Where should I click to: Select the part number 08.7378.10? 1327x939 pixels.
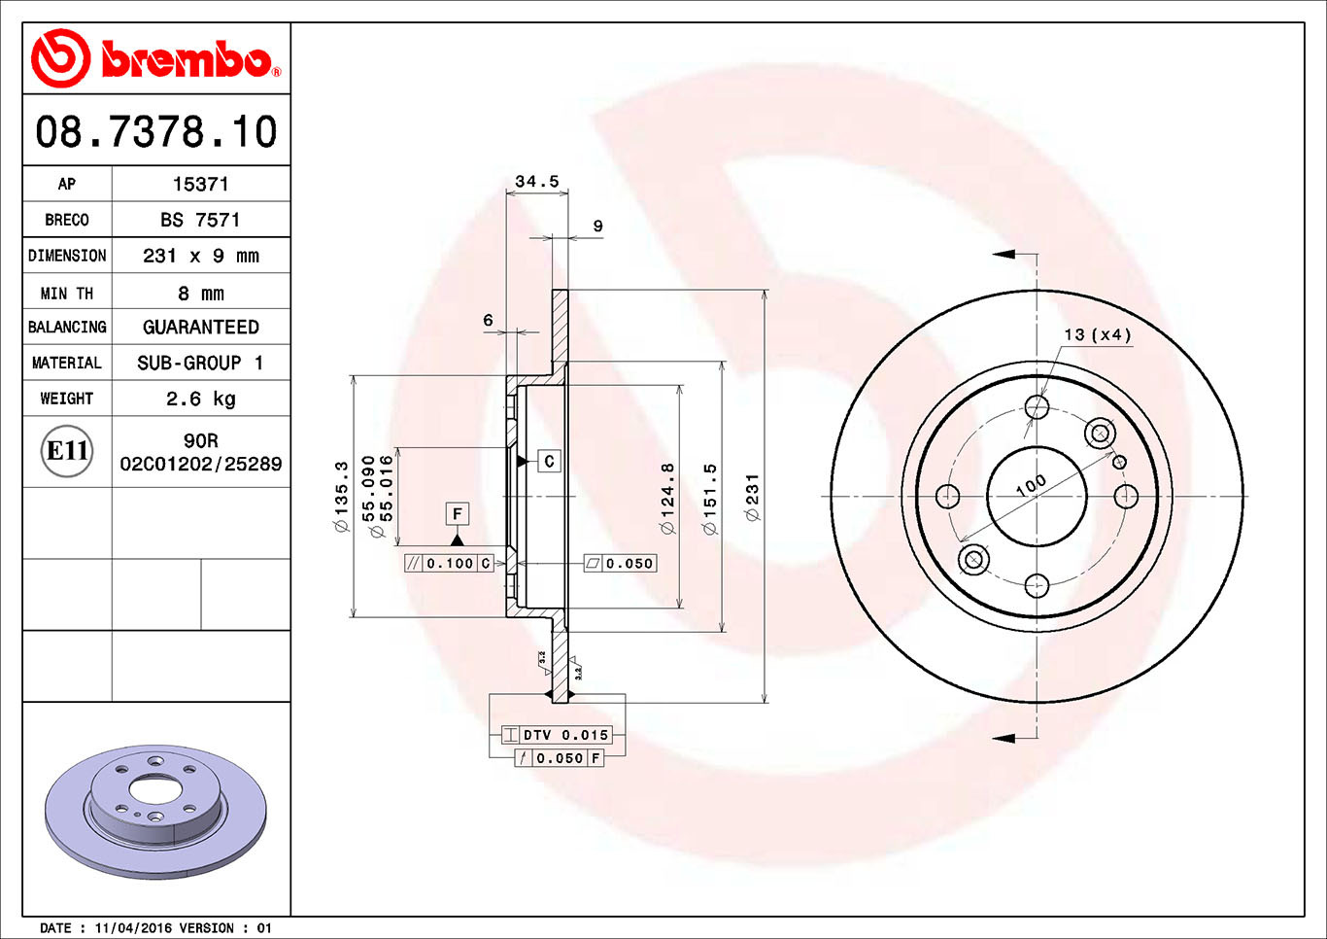point(156,132)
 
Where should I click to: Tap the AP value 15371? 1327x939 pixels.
point(200,184)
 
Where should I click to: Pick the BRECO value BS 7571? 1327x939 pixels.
point(200,220)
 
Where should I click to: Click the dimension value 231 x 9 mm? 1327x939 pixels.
point(200,256)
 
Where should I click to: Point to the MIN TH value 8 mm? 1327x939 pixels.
point(200,293)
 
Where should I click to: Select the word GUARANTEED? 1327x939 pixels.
point(200,328)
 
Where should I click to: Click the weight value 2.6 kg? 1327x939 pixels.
point(200,399)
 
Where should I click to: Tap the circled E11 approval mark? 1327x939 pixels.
point(68,451)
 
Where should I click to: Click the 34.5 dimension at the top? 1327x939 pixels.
point(536,182)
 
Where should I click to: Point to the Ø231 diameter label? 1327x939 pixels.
point(752,497)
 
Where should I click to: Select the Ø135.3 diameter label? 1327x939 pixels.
point(341,497)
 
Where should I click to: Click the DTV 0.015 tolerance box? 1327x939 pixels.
point(557,735)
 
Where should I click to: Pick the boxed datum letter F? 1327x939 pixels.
point(457,513)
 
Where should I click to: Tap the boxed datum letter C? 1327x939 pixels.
point(549,461)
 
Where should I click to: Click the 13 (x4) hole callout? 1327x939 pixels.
point(1097,334)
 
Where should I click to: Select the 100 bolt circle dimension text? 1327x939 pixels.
point(1031,484)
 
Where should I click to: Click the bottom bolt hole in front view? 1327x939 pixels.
point(1037,585)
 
